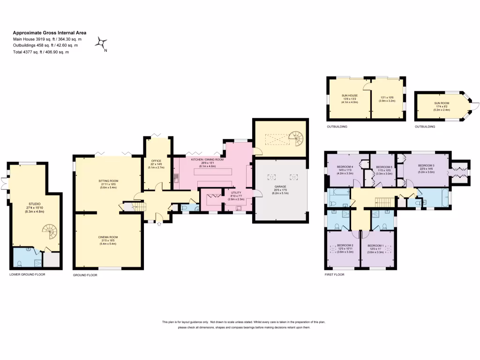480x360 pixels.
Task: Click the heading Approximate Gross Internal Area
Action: (x=49, y=33)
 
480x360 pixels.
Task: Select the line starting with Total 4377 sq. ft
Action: (x=41, y=52)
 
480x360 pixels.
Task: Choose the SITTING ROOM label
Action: (x=108, y=180)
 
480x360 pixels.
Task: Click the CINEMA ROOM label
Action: (x=108, y=238)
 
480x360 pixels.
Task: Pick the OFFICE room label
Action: (x=156, y=161)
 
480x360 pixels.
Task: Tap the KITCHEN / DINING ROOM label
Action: (x=207, y=159)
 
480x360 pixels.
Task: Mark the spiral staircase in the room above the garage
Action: (x=296, y=138)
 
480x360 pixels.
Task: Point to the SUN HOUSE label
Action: (x=349, y=95)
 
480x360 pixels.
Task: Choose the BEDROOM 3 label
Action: (x=426, y=165)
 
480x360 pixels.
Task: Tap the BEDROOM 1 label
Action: (x=376, y=246)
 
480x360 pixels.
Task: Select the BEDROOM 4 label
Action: (x=345, y=166)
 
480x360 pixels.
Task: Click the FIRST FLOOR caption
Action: (x=334, y=275)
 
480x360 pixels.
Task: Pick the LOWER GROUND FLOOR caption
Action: (x=27, y=274)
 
